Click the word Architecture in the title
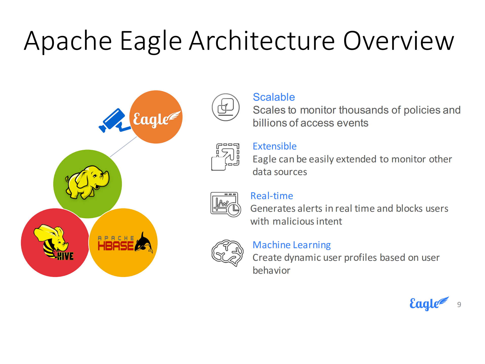pos(262,41)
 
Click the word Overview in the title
pos(399,41)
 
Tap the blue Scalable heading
pos(274,97)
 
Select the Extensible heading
pos(274,146)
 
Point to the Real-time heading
pos(272,196)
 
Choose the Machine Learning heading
pos(292,245)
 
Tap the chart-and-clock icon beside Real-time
pos(226,204)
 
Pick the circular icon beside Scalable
pos(225,107)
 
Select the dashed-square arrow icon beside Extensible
pos(225,157)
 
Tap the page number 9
pos(459,305)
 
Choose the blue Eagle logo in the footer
pos(429,304)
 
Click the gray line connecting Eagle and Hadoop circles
pos(123,147)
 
